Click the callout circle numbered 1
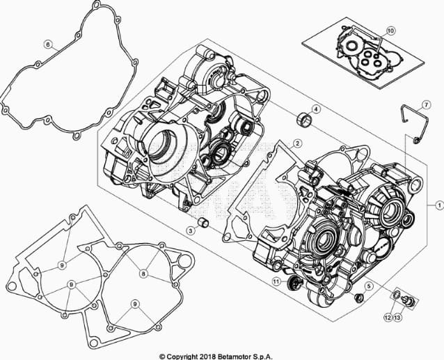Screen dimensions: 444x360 point(440,205)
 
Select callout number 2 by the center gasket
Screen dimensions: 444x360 point(297,143)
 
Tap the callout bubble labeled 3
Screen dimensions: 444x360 point(191,230)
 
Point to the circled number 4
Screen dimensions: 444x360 point(316,109)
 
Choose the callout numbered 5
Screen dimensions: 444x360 point(368,287)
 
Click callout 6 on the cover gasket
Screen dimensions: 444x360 point(47,45)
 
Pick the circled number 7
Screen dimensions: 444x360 point(427,105)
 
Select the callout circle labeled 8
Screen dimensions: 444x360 point(144,274)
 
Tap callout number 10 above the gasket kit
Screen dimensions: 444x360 point(390,31)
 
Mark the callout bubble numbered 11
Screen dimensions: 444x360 point(277,281)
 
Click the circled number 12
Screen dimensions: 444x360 point(388,318)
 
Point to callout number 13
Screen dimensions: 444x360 point(397,318)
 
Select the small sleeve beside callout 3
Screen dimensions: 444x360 point(203,223)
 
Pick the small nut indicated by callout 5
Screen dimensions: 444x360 point(359,297)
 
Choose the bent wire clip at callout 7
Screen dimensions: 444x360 point(415,123)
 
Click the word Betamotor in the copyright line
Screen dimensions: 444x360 point(237,357)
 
